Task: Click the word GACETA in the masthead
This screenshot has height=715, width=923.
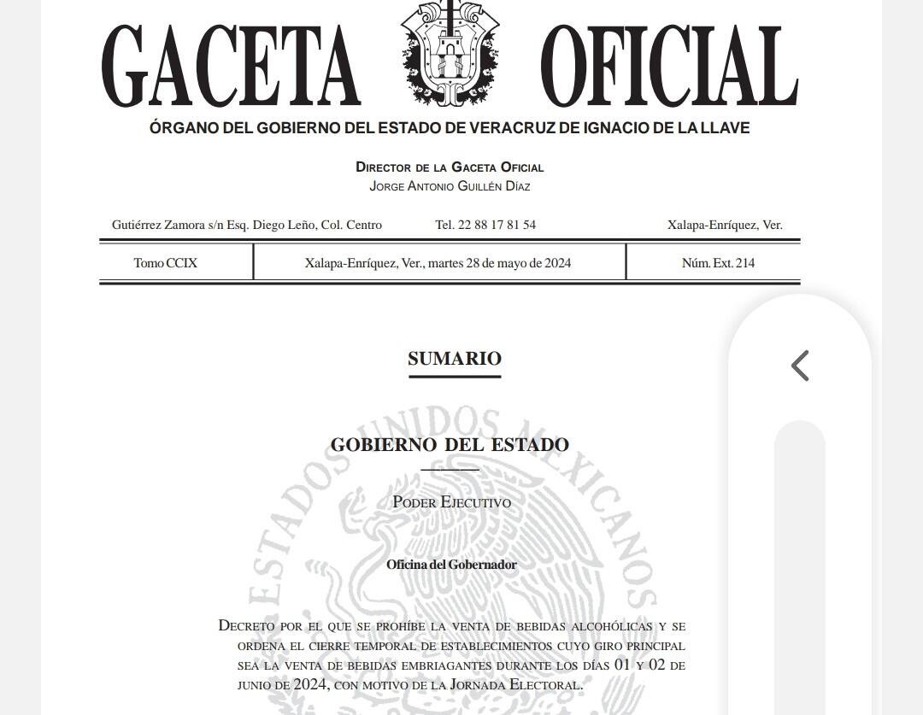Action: tap(231, 67)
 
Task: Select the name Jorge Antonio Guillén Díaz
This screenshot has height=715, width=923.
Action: tap(450, 186)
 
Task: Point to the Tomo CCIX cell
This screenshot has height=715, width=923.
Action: tap(166, 263)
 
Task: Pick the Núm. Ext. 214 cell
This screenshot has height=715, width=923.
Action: tap(718, 263)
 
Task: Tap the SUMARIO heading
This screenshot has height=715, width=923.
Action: tap(454, 359)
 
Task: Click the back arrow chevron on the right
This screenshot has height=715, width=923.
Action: tap(800, 366)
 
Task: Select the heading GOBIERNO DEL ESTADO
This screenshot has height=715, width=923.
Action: tap(450, 445)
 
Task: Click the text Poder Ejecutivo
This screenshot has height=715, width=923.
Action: tap(451, 502)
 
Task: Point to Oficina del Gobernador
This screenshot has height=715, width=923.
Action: tap(451, 565)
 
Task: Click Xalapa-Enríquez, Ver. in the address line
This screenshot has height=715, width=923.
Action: tap(725, 226)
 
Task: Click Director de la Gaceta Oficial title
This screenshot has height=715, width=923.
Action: tap(450, 167)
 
